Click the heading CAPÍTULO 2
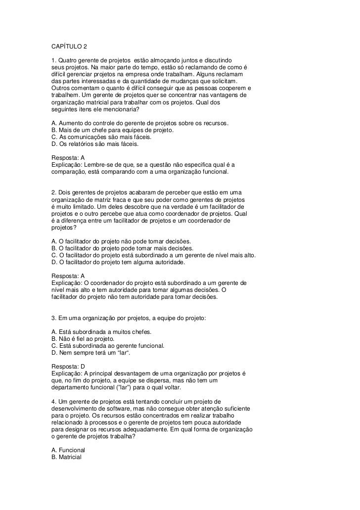click(69, 47)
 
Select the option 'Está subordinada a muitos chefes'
click(101, 331)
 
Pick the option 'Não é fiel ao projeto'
click(83, 338)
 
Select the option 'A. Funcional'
click(68, 450)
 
